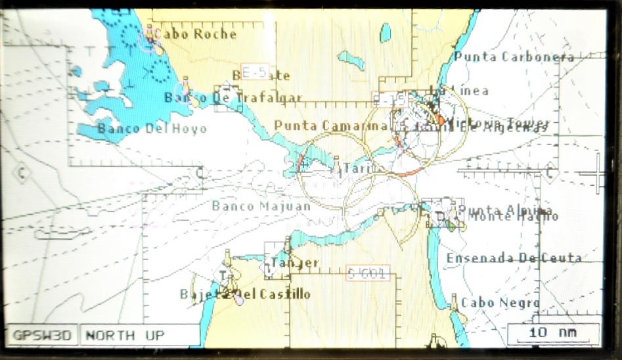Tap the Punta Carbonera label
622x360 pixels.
point(514,56)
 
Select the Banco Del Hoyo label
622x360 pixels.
point(152,128)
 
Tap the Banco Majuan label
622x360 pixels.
point(261,206)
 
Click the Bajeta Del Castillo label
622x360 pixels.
point(245,294)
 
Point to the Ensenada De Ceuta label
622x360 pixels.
point(514,258)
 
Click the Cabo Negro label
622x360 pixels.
point(500,302)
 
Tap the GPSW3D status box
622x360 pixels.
point(42,335)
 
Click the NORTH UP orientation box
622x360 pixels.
point(125,335)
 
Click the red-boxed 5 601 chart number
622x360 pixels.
point(367,274)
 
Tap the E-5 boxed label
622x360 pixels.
point(252,72)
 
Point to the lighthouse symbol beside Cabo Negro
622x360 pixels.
point(453,302)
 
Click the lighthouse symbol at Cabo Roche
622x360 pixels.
point(150,34)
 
